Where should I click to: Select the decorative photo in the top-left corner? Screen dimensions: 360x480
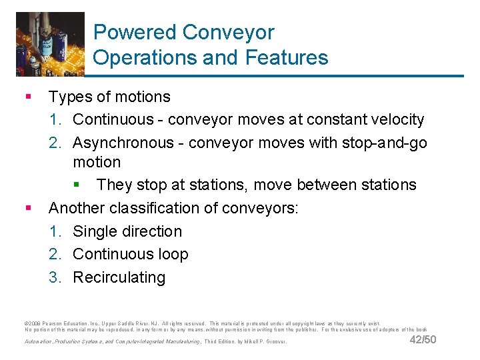(50, 44)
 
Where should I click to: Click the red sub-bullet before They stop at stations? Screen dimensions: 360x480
(76, 185)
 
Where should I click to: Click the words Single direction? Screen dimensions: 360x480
(127, 231)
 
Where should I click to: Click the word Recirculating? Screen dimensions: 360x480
(119, 277)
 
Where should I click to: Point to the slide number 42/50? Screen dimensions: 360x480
(423, 340)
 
